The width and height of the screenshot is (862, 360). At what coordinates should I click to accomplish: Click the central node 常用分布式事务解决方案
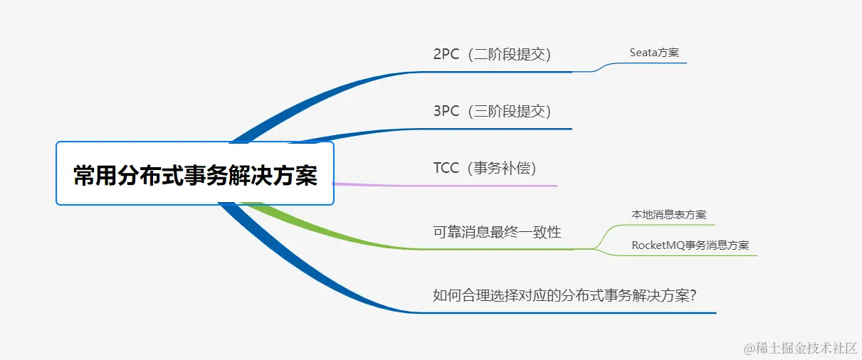(194, 174)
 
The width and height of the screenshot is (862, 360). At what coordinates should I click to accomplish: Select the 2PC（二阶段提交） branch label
(492, 54)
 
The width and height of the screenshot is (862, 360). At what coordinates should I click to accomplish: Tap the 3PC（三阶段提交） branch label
(492, 111)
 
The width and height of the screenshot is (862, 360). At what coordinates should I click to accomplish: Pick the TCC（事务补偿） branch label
(484, 168)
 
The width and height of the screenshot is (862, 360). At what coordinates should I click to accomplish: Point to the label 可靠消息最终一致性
(497, 232)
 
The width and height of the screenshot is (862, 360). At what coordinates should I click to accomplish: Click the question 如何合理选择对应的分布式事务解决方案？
(564, 295)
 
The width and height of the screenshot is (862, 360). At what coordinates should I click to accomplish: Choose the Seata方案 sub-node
(654, 53)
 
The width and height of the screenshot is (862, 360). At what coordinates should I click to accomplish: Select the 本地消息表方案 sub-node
(668, 214)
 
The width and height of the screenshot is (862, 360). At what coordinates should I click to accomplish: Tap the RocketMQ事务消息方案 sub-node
(690, 245)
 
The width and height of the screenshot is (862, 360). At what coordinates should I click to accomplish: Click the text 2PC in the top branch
(446, 54)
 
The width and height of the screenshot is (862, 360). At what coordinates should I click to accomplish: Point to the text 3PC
(446, 111)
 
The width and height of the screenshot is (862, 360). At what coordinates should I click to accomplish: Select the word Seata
(643, 53)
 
